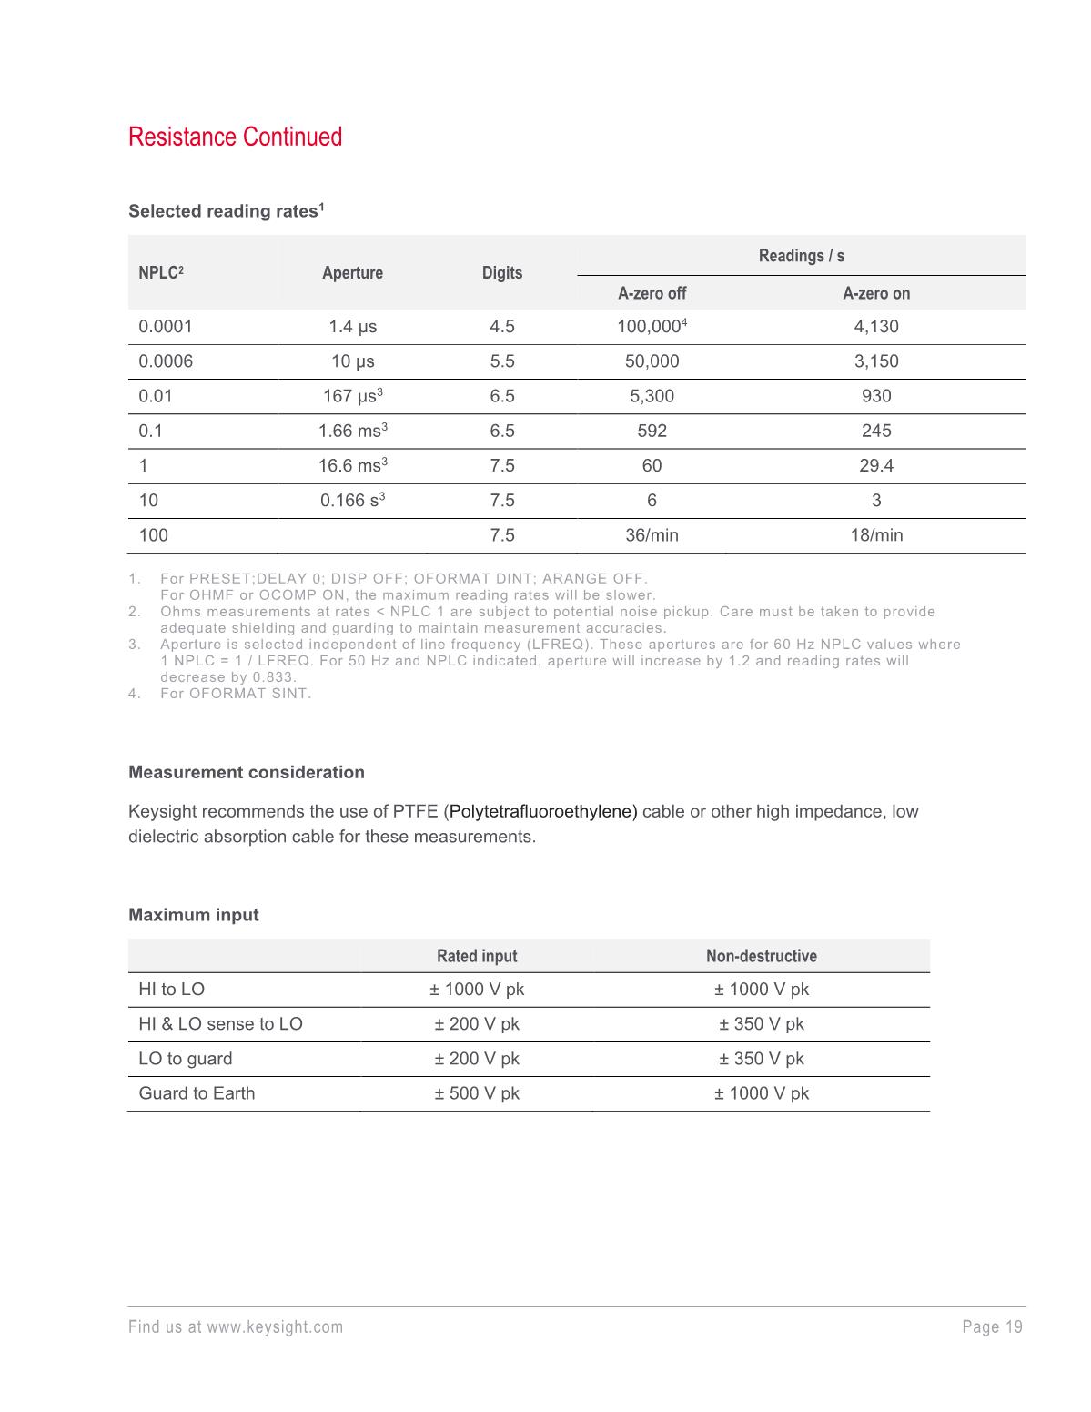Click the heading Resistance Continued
235,137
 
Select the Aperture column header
352,273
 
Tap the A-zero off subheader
652,293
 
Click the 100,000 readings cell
650,327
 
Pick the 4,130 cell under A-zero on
876,327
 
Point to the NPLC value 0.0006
166,361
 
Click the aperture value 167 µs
351,396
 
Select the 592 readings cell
652,431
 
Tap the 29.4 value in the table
876,465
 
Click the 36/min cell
652,535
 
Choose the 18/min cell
876,535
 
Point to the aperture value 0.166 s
351,501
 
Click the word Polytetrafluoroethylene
543,811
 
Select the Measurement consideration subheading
247,772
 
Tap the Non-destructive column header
761,956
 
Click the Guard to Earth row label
197,1093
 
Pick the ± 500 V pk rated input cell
477,1093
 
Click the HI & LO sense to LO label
220,1024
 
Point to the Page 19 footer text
992,1326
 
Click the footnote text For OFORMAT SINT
236,694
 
